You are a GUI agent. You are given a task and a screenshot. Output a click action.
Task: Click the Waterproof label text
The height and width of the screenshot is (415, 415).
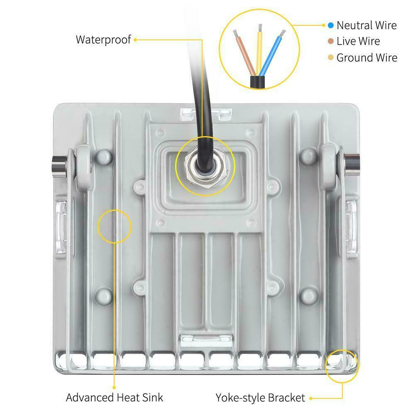103,40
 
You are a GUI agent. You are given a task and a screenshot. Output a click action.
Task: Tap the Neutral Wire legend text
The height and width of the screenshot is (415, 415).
366,25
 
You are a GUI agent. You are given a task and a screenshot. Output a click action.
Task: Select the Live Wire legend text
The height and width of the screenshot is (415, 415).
358,41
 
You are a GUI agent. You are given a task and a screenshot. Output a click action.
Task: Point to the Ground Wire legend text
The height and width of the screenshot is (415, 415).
366,58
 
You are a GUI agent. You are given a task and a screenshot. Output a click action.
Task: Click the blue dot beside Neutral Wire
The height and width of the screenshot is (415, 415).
331,25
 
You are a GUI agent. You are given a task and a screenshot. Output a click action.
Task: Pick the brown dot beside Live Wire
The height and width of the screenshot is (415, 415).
331,41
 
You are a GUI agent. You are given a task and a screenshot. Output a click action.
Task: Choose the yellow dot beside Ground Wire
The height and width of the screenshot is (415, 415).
331,58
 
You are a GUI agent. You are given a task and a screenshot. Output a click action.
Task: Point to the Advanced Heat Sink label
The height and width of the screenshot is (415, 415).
115,397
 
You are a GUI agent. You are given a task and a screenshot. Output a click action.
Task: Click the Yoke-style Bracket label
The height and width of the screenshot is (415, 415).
260,398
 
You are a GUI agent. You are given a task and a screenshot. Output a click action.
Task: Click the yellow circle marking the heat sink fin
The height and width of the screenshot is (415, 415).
114,226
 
